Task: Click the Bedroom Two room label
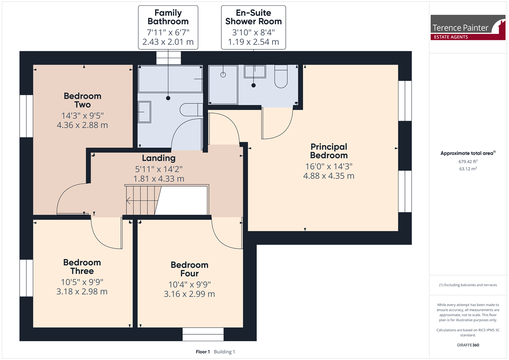(83, 100)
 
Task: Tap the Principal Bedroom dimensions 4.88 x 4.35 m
(329, 176)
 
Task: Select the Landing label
(159, 158)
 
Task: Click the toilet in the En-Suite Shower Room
(281, 76)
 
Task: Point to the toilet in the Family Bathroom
(191, 110)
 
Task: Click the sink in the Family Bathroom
(144, 112)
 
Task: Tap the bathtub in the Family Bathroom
(170, 79)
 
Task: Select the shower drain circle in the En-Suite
(223, 75)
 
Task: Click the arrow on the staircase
(142, 201)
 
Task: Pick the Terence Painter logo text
(460, 28)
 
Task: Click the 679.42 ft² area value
(468, 161)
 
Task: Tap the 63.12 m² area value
(468, 169)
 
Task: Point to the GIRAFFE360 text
(468, 345)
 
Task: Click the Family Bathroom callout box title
(168, 17)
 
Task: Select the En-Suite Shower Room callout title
(253, 17)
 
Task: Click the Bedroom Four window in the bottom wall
(203, 334)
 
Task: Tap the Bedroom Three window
(26, 278)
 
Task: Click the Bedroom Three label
(82, 267)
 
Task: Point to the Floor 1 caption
(203, 352)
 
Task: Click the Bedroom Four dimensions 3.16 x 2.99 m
(189, 294)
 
